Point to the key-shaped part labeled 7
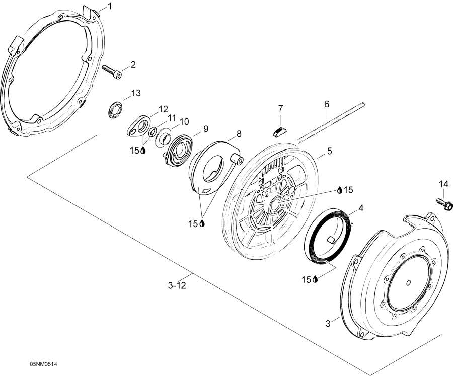(281, 131)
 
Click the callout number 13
(136, 93)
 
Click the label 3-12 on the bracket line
(177, 285)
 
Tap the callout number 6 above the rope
(327, 104)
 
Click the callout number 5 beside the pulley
(330, 151)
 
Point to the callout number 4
(361, 207)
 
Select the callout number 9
(206, 130)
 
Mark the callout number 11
(173, 118)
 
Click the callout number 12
(163, 109)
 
